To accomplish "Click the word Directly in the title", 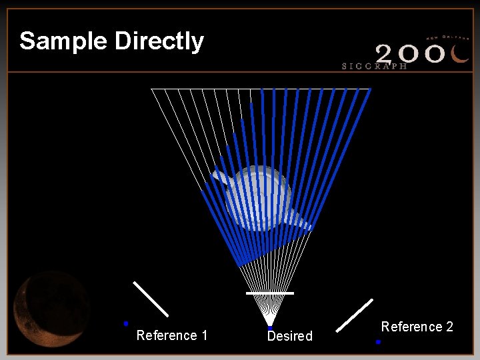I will coord(159,41).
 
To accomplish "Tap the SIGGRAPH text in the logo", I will coord(374,66).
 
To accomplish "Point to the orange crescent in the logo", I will coord(460,53).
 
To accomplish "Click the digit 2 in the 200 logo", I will coord(388,53).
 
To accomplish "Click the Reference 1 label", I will coord(172,335).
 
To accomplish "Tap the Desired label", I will coord(290,337).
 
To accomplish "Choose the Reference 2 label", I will coord(417,327).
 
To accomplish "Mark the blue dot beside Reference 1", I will coord(125,323).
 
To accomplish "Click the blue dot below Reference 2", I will coord(378,342).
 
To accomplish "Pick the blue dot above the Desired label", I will coord(269,328).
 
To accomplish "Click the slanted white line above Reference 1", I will coord(151,299).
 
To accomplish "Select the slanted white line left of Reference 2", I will coord(355,315).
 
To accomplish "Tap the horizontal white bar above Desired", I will coord(269,293).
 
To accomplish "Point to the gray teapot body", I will coord(259,197).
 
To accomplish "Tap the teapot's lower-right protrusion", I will coord(303,223).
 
